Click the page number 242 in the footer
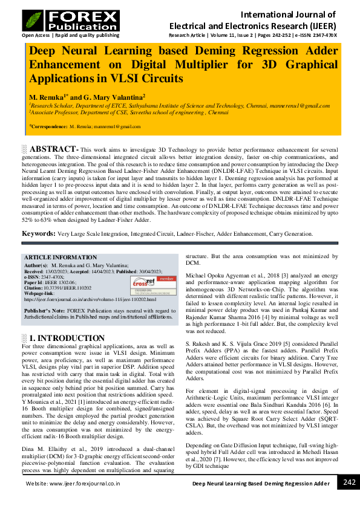point(349,482)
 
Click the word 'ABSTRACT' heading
point(53,149)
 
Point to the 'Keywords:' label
point(39,233)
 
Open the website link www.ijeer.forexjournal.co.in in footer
point(73,484)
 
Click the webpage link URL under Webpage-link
point(90,299)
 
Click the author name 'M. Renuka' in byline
point(47,97)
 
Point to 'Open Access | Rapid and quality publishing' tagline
point(70,36)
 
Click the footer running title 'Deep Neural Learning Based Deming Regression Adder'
point(261,484)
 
